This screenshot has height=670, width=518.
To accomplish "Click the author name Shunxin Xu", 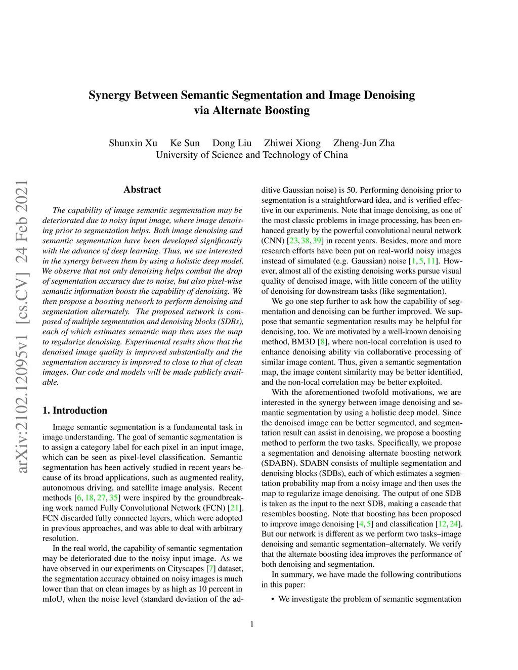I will pyautogui.click(x=133, y=143).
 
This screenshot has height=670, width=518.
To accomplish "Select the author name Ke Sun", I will pyautogui.click(x=185, y=143).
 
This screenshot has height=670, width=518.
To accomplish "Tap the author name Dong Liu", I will pyautogui.click(x=232, y=143).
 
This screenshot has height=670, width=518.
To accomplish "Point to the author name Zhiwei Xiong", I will pyautogui.click(x=292, y=143).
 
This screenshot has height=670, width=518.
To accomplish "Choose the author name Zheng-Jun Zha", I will pyautogui.click(x=364, y=143).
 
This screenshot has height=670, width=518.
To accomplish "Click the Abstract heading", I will pyautogui.click(x=142, y=190).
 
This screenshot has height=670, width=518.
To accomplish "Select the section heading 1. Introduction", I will pyautogui.click(x=75, y=410).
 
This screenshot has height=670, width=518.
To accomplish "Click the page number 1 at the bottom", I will pyautogui.click(x=252, y=624).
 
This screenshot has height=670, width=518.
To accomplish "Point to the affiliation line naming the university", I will pyautogui.click(x=251, y=155).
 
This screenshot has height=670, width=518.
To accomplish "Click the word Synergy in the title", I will pyautogui.click(x=109, y=95).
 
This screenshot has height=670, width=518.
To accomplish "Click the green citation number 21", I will pyautogui.click(x=235, y=508).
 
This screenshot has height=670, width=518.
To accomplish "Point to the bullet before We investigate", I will pyautogui.click(x=273, y=599).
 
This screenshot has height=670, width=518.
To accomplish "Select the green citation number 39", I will pyautogui.click(x=317, y=241).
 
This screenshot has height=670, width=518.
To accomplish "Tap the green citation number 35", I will pyautogui.click(x=113, y=498).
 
